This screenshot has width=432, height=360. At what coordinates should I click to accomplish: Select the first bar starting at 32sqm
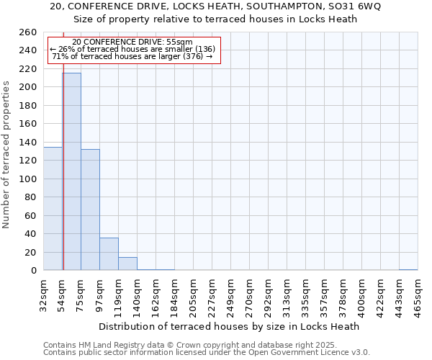coord(53,209)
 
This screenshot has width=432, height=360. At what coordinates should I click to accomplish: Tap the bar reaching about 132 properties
coord(90,210)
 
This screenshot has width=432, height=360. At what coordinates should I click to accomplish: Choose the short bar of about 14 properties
coord(127,264)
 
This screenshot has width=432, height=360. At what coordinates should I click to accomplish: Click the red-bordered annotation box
coord(132,50)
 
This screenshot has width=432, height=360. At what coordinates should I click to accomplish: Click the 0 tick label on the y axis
coord(33,270)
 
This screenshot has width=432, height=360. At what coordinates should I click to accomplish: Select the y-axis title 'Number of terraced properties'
coord(6,155)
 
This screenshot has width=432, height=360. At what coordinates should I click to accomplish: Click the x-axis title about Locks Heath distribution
coord(228,326)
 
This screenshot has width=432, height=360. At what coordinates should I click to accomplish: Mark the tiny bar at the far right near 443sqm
coord(408,269)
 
